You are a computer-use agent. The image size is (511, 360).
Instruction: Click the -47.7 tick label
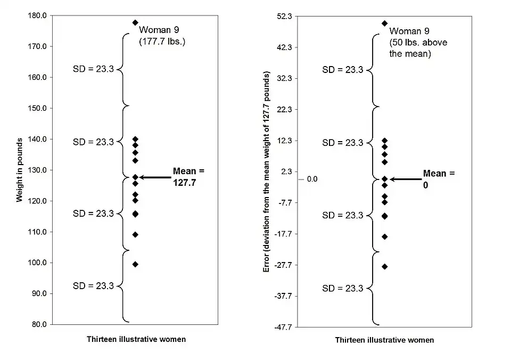tap(283, 327)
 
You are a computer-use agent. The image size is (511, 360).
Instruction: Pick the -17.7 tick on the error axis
tap(283, 234)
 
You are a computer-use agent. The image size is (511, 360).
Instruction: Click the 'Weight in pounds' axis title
tap(20, 170)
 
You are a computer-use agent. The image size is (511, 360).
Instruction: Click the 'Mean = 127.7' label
tap(188, 176)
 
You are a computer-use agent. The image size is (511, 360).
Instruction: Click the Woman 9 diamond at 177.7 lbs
tap(135, 23)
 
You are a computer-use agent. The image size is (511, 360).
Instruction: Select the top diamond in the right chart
tap(384, 23)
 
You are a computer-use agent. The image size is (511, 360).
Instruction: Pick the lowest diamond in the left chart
tap(135, 264)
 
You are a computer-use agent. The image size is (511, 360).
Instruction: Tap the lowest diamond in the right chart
tap(384, 266)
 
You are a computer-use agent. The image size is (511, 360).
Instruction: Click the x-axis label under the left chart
tap(136, 339)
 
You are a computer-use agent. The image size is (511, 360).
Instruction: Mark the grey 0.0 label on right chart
tap(312, 179)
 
